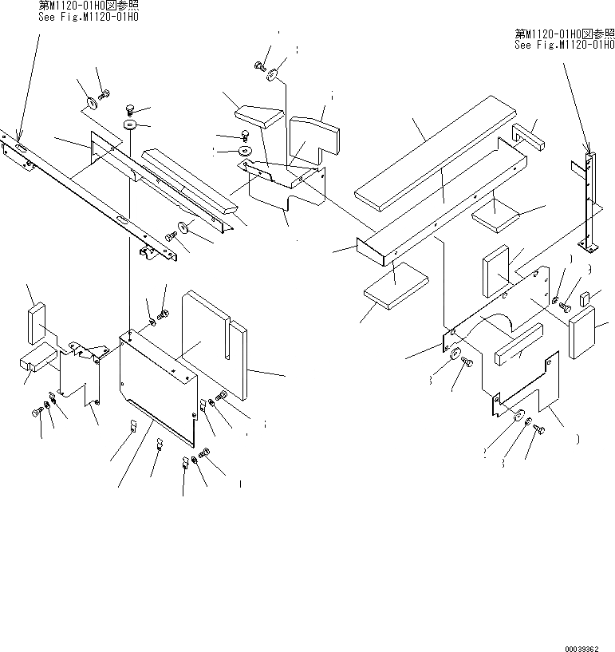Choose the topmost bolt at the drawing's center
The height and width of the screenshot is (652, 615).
(261, 66)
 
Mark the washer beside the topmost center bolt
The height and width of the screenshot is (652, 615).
(274, 75)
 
